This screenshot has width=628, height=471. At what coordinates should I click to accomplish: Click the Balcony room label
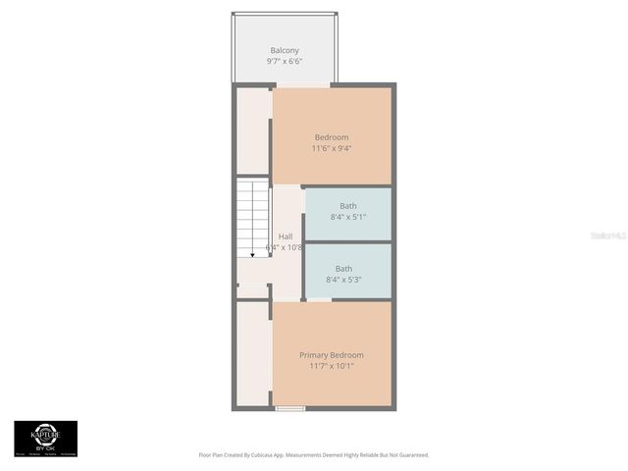[x=285, y=50]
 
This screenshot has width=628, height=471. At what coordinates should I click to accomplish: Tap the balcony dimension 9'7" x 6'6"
[x=285, y=61]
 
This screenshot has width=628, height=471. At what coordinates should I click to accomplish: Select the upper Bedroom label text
[x=331, y=137]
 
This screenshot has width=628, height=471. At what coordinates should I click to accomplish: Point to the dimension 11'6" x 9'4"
[x=331, y=149]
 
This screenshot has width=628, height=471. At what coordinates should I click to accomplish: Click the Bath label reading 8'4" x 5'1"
[x=348, y=217]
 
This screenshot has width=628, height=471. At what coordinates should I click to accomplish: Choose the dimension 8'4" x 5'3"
[x=343, y=280]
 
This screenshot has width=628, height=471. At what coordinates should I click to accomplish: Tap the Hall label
[x=285, y=236]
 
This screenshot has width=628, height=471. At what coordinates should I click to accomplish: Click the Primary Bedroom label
[x=331, y=355]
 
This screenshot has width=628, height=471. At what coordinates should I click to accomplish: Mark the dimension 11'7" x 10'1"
[x=331, y=366]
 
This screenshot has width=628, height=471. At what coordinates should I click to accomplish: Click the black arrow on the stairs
[x=253, y=253]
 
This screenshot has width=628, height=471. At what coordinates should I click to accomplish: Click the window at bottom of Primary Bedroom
[x=289, y=408]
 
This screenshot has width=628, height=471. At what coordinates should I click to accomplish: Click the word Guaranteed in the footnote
[x=412, y=455]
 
